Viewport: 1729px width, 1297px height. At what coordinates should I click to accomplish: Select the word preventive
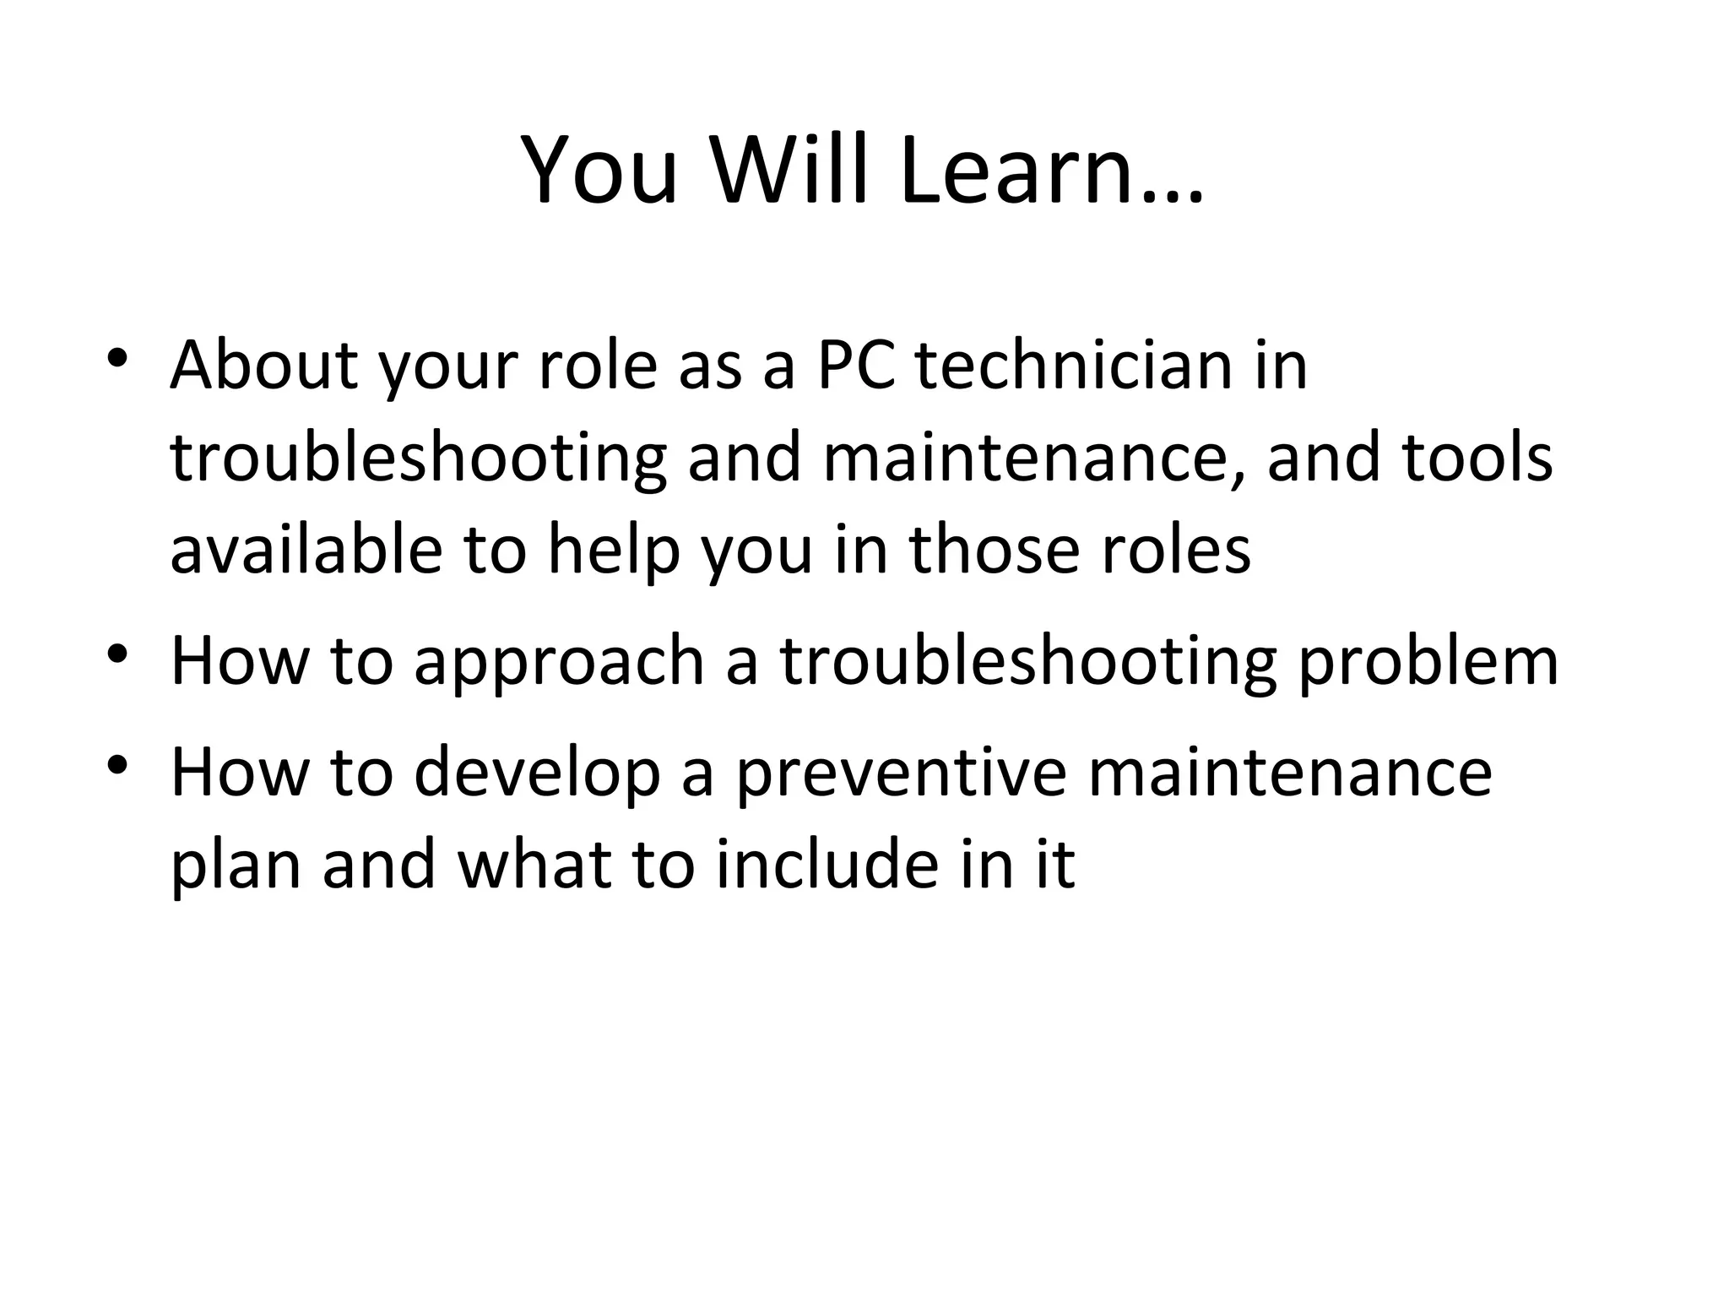(x=902, y=773)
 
